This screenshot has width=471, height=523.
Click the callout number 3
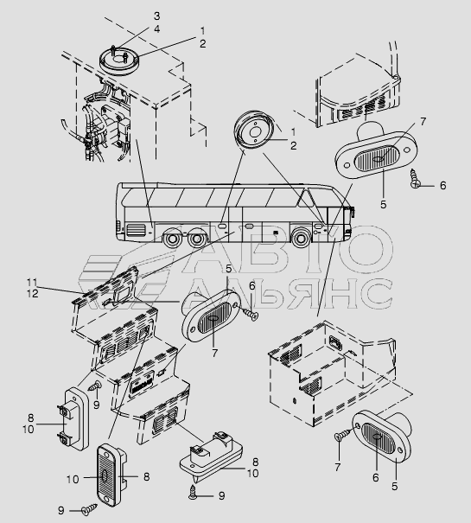point(156,16)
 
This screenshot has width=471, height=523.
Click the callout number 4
point(156,29)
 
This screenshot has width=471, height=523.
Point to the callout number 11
point(33,283)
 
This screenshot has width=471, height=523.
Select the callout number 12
point(33,294)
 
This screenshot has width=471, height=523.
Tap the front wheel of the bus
point(302,238)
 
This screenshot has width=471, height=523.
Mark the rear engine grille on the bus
point(136,228)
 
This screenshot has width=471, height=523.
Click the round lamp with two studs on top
point(119,61)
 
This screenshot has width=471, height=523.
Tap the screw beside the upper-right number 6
point(416,178)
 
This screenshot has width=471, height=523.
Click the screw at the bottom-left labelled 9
point(89,510)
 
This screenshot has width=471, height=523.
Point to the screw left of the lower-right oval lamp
point(343,436)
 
